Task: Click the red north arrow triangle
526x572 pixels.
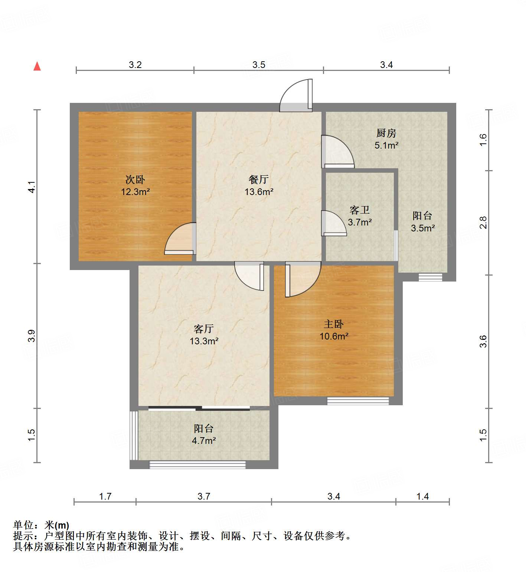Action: click(37, 66)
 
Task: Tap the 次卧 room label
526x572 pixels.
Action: click(135, 180)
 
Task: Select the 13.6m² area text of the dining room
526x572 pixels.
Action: click(259, 192)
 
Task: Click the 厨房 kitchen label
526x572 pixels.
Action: click(386, 133)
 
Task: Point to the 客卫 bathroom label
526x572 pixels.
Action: click(360, 210)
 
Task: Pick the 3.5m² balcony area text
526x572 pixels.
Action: click(423, 228)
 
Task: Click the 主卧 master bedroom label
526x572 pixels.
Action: click(334, 324)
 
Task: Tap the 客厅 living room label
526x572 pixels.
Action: click(204, 329)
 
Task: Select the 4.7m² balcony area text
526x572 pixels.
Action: click(204, 441)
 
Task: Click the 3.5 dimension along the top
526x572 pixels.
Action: click(259, 65)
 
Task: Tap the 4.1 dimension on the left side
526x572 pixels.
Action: click(32, 187)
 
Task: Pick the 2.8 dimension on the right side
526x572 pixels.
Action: click(483, 222)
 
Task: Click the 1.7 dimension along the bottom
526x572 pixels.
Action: click(105, 496)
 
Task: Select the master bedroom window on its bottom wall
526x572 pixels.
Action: click(358, 401)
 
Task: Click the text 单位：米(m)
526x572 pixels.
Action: click(41, 525)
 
